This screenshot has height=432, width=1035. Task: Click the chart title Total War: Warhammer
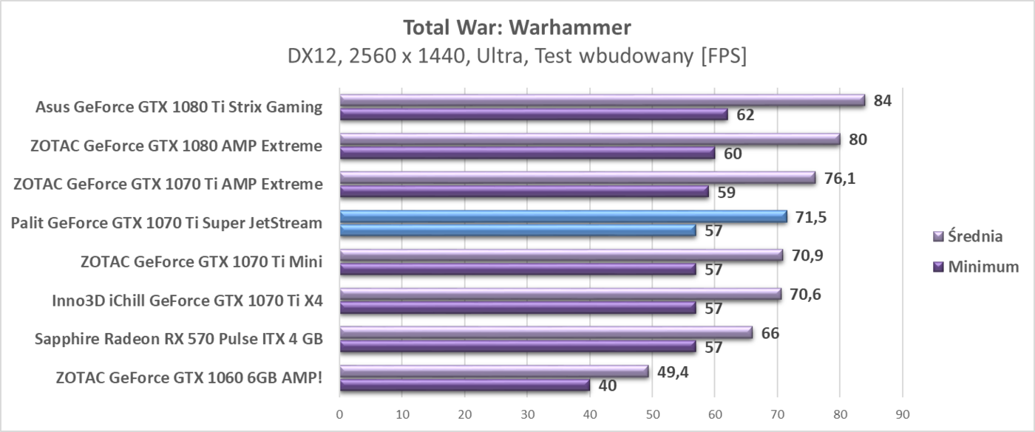pos(517,28)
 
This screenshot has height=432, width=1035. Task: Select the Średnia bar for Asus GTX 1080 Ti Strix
pos(603,100)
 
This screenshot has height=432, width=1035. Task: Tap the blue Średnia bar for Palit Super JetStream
pos(563,216)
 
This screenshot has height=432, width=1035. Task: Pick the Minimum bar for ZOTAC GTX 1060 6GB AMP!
pos(464,385)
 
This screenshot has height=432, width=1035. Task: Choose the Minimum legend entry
pos(974,267)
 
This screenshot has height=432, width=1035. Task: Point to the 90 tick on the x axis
pos(902,414)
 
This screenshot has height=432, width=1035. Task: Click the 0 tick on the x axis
pos(340,414)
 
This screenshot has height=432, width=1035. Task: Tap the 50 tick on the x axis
pos(652,414)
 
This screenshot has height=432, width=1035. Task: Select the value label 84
pos(883,100)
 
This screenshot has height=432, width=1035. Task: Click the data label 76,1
pos(841,178)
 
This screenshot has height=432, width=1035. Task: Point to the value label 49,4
pos(673,371)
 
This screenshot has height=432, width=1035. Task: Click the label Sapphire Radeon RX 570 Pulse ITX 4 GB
pos(179,339)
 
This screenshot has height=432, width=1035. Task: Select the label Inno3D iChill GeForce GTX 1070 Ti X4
pos(187,300)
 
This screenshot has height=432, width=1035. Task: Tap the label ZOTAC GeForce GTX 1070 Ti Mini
pos(201,261)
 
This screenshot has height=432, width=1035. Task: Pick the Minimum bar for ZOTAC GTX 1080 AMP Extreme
pos(527,153)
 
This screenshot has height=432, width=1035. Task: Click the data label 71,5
pos(812,216)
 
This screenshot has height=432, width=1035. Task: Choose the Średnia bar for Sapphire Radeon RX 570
pos(546,332)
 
